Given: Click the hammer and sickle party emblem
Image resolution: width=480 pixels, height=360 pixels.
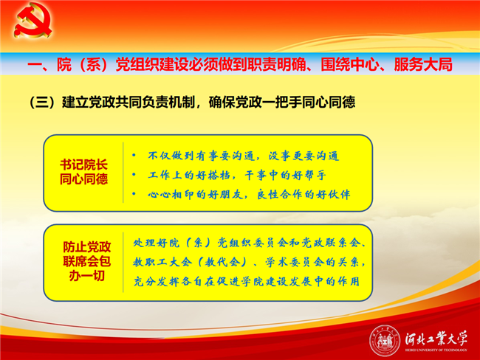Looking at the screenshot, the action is [32, 20].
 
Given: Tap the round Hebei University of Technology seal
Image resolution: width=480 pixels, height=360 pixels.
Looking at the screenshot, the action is [385, 341].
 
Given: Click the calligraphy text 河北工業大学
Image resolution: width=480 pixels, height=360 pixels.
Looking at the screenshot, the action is [436, 339].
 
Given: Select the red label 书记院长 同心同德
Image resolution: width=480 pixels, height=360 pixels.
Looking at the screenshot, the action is [83, 172].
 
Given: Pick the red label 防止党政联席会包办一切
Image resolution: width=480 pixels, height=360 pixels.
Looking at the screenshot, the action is [86, 261].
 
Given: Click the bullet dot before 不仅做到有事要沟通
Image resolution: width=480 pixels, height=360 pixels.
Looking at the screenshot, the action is [134, 156].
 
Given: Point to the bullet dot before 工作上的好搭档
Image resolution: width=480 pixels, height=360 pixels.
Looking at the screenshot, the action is [134, 175].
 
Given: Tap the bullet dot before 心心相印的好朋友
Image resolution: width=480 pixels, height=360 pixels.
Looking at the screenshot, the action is [134, 194].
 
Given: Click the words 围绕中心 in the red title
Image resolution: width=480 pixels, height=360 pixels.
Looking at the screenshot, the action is [349, 64].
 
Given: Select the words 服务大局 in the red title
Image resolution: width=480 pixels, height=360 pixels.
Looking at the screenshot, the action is [422, 64].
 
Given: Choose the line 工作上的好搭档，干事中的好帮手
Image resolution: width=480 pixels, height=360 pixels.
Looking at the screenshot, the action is [236, 175].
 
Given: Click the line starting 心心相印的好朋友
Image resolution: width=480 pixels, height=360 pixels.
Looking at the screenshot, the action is [249, 194].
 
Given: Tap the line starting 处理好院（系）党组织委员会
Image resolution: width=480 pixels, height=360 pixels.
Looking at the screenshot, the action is [249, 243].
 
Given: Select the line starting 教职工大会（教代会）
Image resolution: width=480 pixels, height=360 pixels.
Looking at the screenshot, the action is [249, 262].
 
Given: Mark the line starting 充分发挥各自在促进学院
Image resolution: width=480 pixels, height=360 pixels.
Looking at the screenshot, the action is [247, 281].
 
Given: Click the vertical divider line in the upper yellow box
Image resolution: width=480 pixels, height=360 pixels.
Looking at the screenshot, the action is [123, 173].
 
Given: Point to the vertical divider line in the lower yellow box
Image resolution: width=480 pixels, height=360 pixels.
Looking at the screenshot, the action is [123, 262].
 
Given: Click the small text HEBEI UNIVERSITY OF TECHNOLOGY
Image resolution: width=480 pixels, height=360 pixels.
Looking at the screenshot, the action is [436, 350].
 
